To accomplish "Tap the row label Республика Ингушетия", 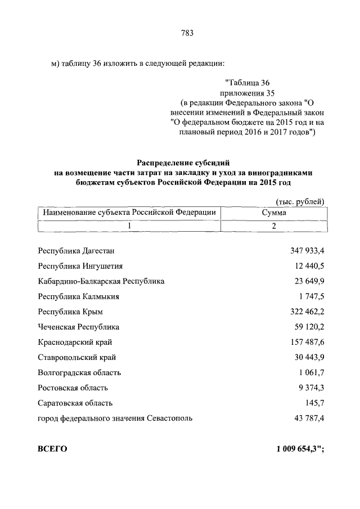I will click(x=80, y=265).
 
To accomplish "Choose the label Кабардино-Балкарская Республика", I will click(x=101, y=281).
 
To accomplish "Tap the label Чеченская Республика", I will click(x=78, y=326).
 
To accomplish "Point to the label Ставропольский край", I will click(x=77, y=357).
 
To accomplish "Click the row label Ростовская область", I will click(x=73, y=388).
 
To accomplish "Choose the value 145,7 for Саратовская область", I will click(x=316, y=403).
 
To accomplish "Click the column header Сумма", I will click(x=274, y=213).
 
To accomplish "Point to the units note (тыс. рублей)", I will click(x=300, y=201).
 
